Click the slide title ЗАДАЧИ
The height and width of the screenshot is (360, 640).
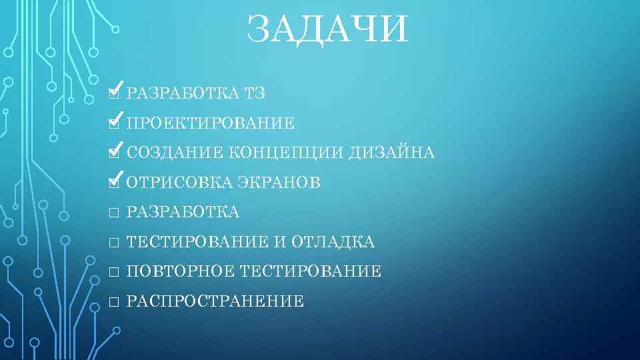pyautogui.click(x=326, y=30)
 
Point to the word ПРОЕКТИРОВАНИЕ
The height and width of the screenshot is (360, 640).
pyautogui.click(x=210, y=123)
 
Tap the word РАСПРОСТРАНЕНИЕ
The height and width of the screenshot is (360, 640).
pyautogui.click(x=215, y=302)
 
